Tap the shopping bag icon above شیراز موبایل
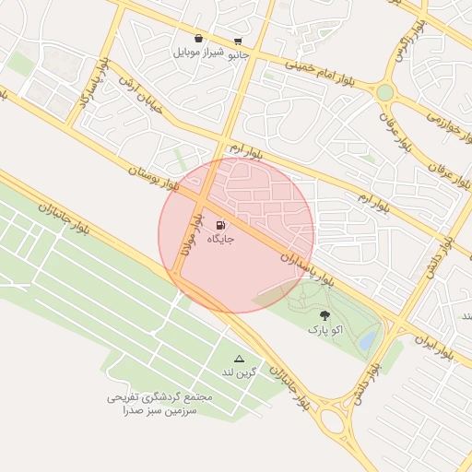coord(199,40)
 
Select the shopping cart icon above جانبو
coord(239,41)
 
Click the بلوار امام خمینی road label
coord(325,77)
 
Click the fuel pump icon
coord(220,225)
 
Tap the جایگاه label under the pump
coord(220,239)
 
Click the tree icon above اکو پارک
coord(324,315)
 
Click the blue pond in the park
coord(368,342)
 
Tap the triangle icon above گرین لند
coord(240,358)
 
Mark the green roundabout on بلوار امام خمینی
coord(384,92)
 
